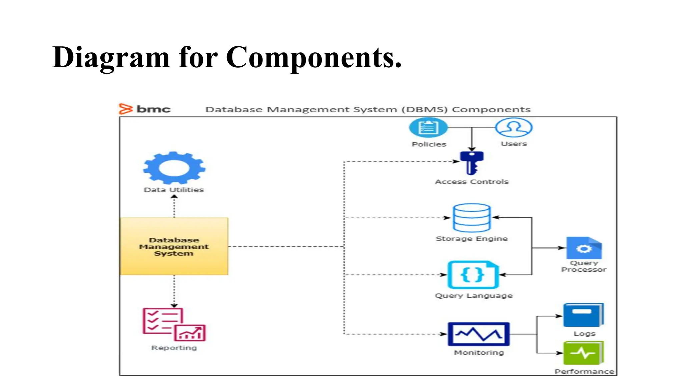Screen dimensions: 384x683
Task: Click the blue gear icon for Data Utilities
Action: (174, 168)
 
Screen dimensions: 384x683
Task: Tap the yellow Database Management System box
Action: (174, 246)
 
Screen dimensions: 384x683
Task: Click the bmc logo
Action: (145, 109)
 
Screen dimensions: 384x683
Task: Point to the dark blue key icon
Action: (472, 163)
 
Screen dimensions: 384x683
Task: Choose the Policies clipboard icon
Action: (428, 128)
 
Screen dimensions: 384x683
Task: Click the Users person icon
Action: (514, 128)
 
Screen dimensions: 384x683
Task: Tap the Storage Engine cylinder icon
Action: (472, 218)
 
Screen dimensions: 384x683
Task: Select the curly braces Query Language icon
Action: (473, 275)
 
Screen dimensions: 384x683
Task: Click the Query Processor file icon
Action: (584, 248)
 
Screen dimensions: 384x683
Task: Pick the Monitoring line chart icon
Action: (479, 334)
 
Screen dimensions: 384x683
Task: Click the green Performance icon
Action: (583, 353)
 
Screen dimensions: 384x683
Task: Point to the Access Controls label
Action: (472, 182)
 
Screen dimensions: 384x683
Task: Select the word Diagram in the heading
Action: (111, 57)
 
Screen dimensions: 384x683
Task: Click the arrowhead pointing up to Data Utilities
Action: (174, 197)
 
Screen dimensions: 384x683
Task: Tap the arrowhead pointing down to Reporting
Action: (174, 305)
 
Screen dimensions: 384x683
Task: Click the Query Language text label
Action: (474, 296)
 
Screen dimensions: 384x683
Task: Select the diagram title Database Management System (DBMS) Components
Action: (368, 110)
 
